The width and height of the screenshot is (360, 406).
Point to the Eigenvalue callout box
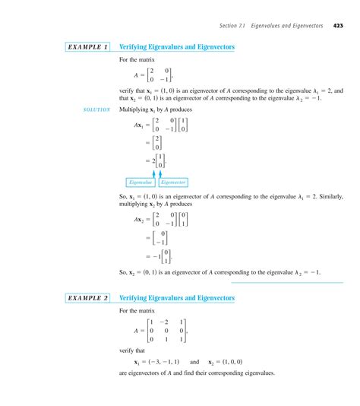141,182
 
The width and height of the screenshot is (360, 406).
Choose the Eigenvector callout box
174,182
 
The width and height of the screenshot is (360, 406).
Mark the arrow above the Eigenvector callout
162,173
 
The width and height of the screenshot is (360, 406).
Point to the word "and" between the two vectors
194,363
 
